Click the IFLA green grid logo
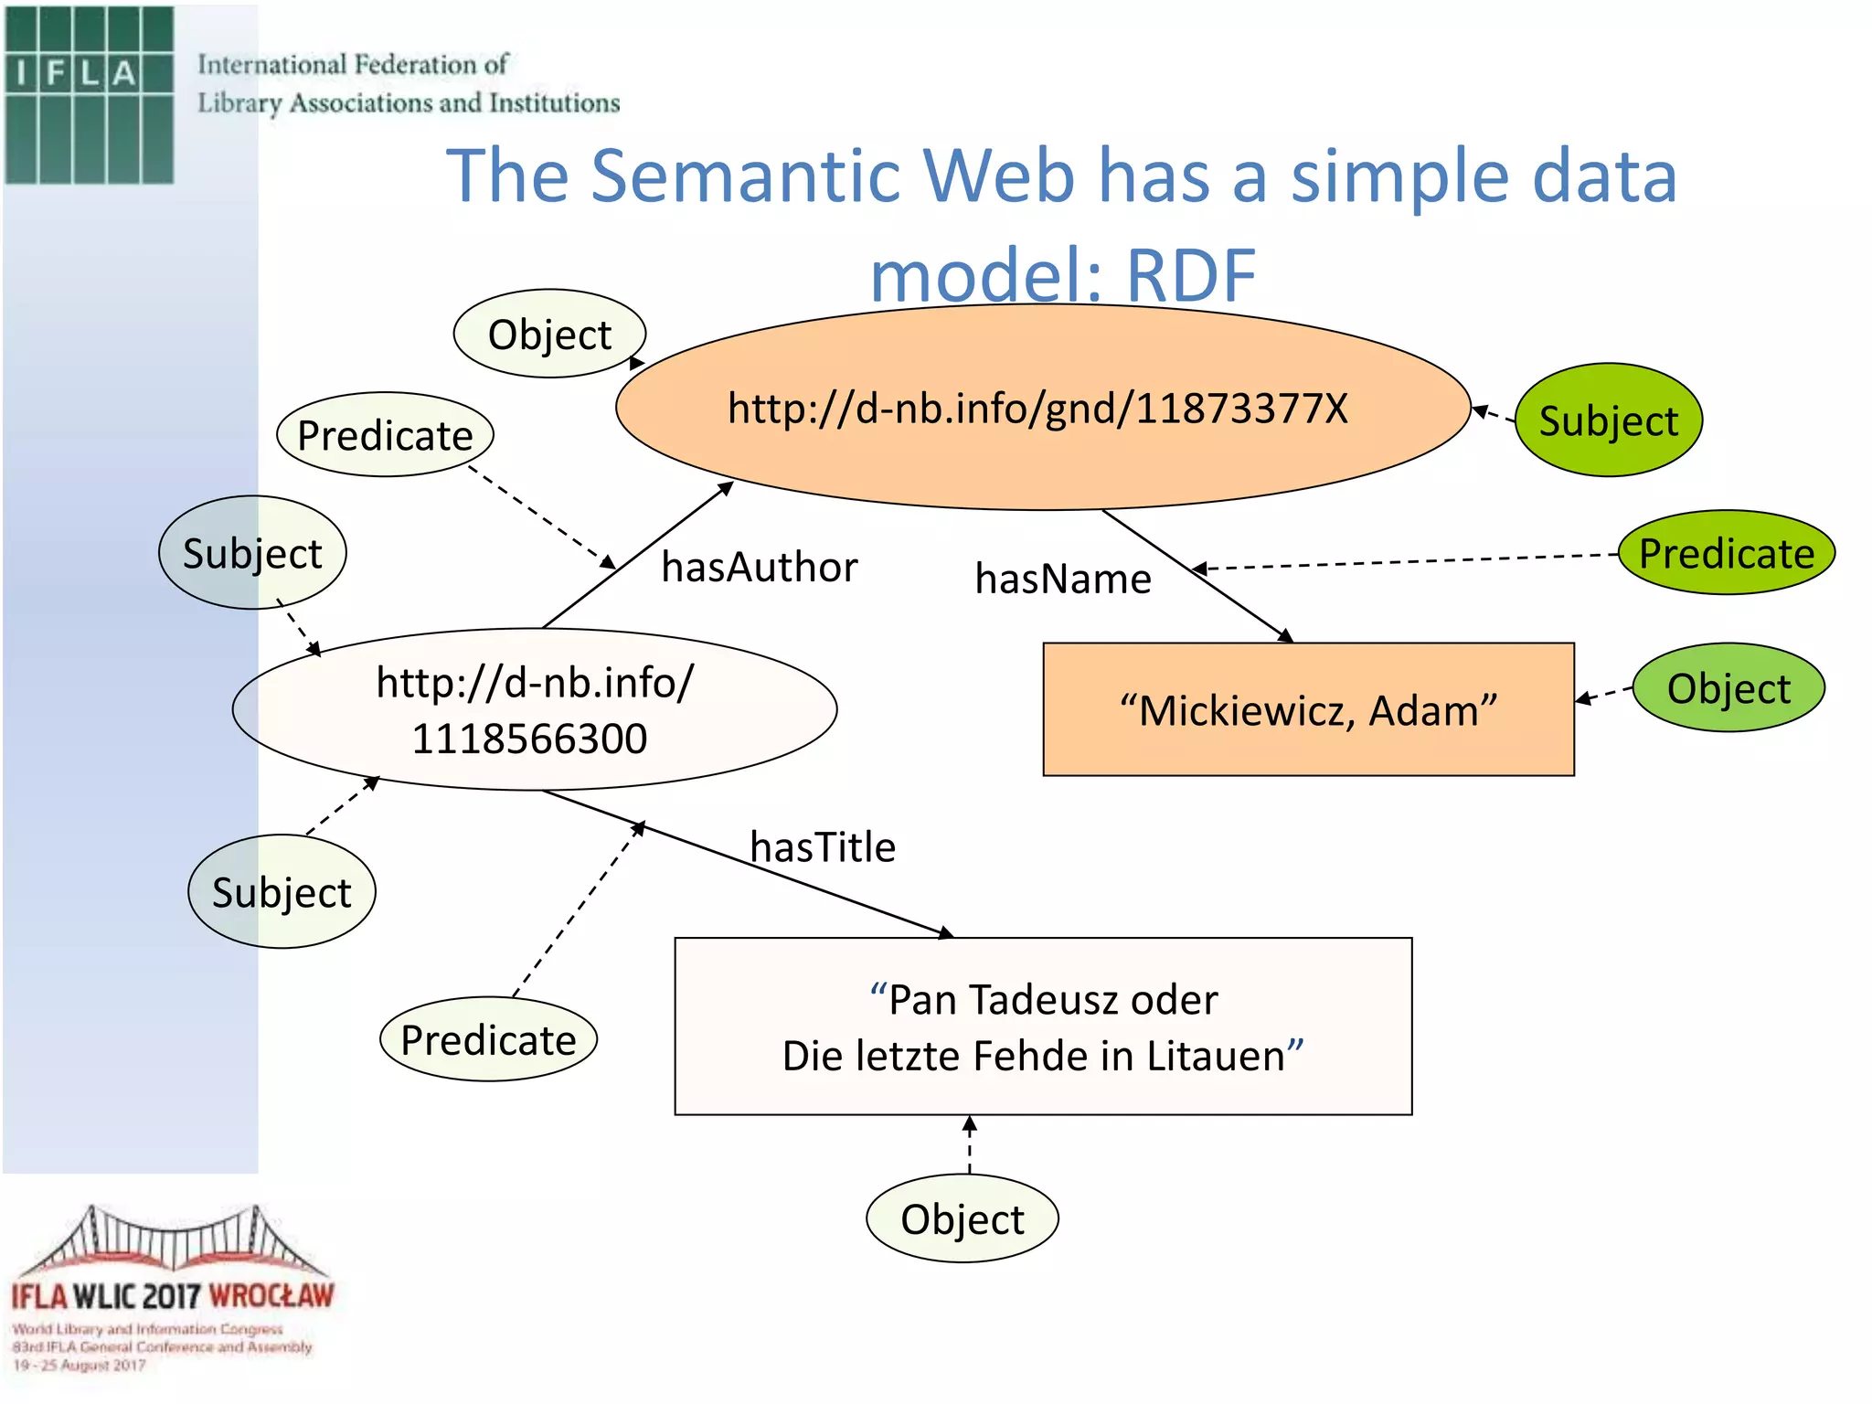(x=89, y=94)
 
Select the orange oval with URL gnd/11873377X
(x=1042, y=408)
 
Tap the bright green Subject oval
(x=1608, y=420)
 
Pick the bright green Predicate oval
(x=1726, y=553)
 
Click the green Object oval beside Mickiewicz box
(x=1728, y=688)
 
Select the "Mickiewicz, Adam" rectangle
(x=1308, y=710)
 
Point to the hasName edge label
(x=1062, y=580)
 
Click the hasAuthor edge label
(x=759, y=568)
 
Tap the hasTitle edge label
(x=822, y=847)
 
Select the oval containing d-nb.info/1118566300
(x=534, y=709)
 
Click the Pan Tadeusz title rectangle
(x=1043, y=1026)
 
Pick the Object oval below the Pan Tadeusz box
(x=962, y=1219)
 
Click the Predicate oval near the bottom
(x=488, y=1040)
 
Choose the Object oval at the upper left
(x=549, y=335)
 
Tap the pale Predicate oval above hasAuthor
(x=385, y=435)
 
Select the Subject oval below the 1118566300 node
(x=282, y=892)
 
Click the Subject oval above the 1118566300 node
(x=252, y=553)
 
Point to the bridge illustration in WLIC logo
(x=172, y=1240)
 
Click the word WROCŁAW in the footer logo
(x=271, y=1296)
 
